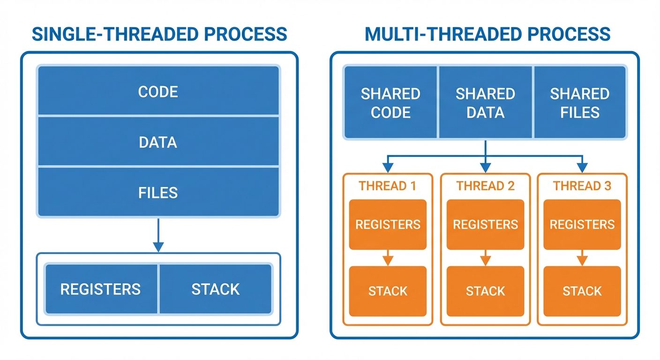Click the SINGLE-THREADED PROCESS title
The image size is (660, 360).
coord(159,34)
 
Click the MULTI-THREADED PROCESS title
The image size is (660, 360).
coord(487,34)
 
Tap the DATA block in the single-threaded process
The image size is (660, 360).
coord(158,142)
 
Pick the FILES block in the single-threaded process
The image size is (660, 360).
coord(158,192)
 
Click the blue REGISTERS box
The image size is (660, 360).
coord(101,289)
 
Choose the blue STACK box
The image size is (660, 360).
coord(216,289)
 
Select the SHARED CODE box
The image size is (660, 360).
coord(390,103)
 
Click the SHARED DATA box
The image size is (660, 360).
coord(486,103)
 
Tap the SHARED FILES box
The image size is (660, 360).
coord(580,103)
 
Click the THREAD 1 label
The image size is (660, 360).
coord(388,186)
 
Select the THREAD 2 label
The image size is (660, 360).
coord(486,186)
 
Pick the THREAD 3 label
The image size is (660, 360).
coord(582,186)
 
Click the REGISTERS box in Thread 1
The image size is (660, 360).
coord(388,225)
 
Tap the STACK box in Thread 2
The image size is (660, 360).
coord(486,291)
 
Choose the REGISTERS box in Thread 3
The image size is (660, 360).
coord(582,225)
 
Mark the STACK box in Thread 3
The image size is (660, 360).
coord(582,291)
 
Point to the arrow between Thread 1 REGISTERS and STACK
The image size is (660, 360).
coord(388,258)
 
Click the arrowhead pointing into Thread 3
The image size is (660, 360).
coord(582,168)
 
